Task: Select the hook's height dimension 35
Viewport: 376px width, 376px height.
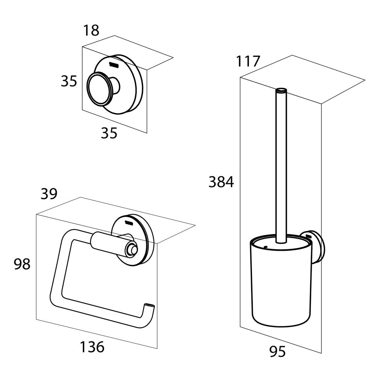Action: coord(69,81)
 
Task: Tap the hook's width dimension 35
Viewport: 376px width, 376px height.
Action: coord(109,133)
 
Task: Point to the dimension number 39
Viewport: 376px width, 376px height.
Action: coord(49,194)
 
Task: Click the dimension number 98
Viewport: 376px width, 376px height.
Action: coord(22,264)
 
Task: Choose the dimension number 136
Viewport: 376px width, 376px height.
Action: coord(92,347)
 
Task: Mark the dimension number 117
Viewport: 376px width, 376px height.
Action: coord(248,61)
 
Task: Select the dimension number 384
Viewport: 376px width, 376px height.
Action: coord(221,182)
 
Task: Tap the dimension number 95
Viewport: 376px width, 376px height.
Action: coord(277,352)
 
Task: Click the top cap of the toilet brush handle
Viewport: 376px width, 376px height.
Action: coord(280,90)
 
